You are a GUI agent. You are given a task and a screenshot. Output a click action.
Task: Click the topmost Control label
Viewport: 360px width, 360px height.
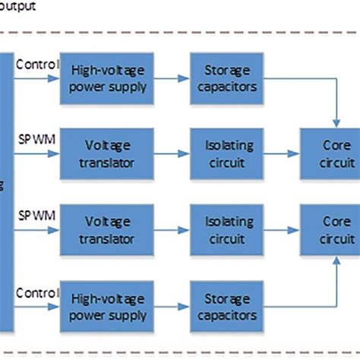point(36,64)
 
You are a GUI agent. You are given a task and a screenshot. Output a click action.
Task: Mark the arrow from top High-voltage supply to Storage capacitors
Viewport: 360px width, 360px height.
point(172,78)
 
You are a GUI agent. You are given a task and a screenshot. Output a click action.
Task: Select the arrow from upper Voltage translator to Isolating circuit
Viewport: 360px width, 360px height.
point(172,154)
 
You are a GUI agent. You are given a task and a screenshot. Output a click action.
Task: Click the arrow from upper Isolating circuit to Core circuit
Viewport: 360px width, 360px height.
point(283,154)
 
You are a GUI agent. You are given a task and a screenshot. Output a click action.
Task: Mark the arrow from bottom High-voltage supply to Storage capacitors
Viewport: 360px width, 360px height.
point(172,307)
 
